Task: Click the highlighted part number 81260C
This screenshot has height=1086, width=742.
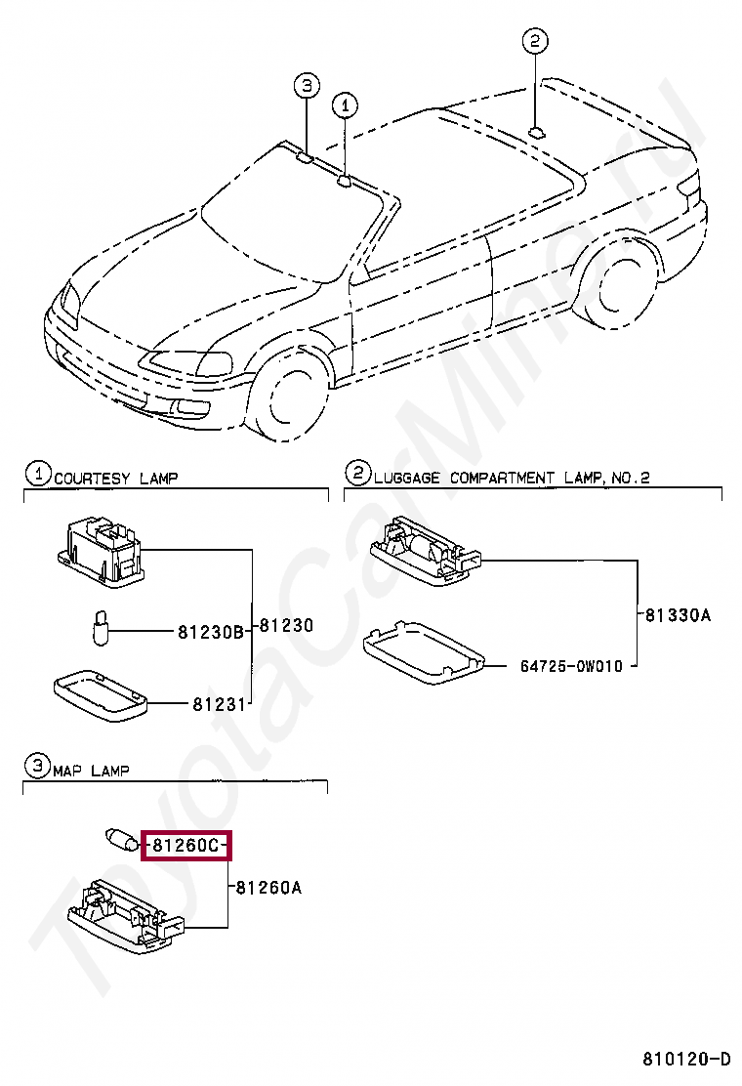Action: point(185,845)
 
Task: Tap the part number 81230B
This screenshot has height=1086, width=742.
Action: point(210,632)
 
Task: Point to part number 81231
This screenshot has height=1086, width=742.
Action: point(217,702)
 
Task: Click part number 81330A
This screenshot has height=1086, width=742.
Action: point(678,615)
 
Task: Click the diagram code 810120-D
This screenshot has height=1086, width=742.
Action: point(685,1059)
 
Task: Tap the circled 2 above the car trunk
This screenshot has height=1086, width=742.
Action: point(534,41)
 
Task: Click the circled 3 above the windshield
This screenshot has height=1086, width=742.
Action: point(306,86)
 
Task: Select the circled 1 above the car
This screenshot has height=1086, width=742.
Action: point(345,104)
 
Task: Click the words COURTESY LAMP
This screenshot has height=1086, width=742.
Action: point(115,478)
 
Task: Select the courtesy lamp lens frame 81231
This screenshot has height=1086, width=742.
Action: point(99,694)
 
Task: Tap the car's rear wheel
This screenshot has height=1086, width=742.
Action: point(614,288)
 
